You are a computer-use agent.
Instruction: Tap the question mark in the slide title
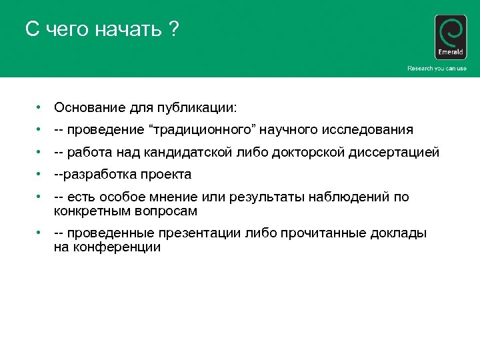[x=174, y=30]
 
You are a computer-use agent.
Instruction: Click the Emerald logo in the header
[x=450, y=37]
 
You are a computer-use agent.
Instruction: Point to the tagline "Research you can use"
[x=437, y=69]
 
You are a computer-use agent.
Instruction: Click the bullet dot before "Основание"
[x=41, y=107]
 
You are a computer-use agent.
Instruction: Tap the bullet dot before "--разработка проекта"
[x=41, y=175]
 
